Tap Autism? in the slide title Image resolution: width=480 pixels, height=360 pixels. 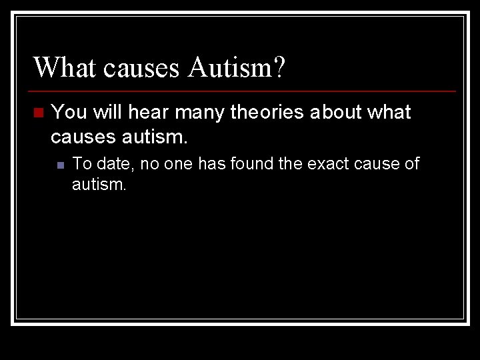237,67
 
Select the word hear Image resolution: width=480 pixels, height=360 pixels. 146,113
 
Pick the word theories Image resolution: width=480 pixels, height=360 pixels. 267,113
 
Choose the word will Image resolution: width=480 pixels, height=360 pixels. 107,113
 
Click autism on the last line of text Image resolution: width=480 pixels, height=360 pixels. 97,184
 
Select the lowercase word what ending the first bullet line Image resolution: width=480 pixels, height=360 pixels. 390,113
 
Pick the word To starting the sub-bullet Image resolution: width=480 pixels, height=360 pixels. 81,164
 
